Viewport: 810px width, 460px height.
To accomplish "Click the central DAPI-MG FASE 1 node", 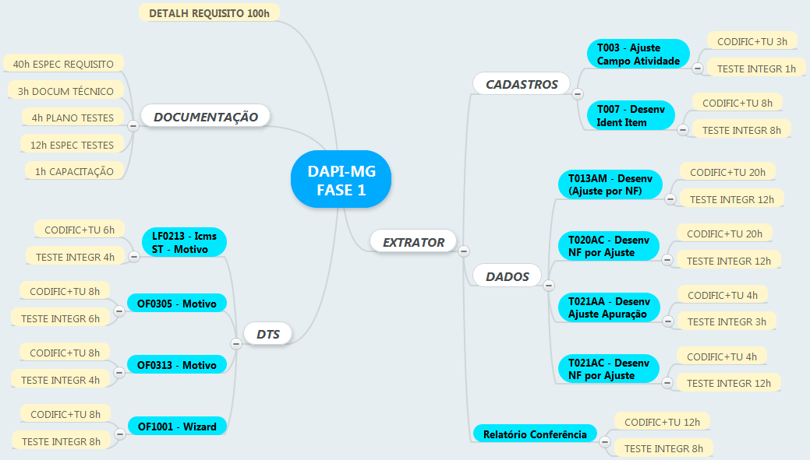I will (x=340, y=180).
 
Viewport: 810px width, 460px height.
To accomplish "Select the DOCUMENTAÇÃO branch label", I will (x=205, y=117).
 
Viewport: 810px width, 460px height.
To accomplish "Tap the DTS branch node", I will (x=267, y=335).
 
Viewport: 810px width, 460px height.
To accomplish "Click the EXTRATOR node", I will (x=413, y=242).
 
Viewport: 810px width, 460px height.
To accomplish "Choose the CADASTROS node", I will (x=522, y=84).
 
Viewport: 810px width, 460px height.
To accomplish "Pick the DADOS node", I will (x=507, y=276).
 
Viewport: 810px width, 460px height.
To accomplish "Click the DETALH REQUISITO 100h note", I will (x=209, y=13).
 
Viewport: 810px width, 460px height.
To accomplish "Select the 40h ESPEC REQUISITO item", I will (x=63, y=64).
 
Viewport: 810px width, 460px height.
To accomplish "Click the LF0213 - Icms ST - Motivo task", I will (x=184, y=242).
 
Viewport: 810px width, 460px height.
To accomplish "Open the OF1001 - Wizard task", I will (x=177, y=427).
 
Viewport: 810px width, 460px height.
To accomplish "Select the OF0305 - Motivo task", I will (x=176, y=303).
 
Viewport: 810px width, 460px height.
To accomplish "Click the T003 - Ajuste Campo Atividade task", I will (x=638, y=54).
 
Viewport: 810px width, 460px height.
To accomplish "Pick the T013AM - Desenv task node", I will (x=610, y=184).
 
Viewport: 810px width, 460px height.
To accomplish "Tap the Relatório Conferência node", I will (x=534, y=434).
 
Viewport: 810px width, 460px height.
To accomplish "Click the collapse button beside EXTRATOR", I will (x=464, y=251).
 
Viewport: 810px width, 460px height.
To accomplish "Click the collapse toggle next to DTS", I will (x=236, y=343).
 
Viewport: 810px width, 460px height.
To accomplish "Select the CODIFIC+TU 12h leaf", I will (x=662, y=422).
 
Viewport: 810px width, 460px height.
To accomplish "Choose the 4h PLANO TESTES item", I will (x=73, y=118).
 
